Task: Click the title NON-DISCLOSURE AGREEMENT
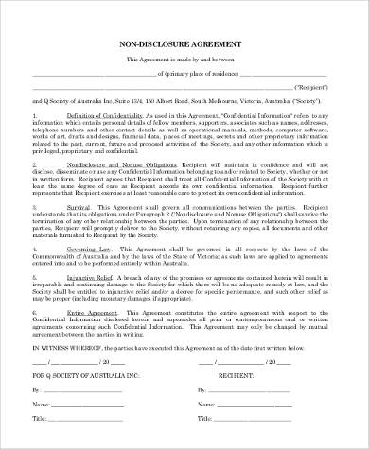184,43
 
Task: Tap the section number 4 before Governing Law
35,248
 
